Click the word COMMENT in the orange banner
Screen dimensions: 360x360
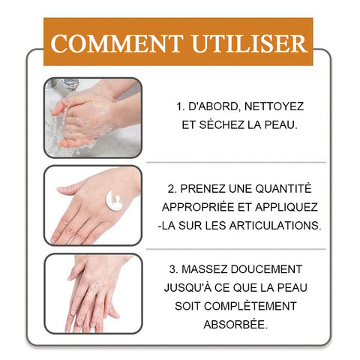pyautogui.click(x=117, y=43)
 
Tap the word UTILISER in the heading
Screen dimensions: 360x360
pyautogui.click(x=250, y=43)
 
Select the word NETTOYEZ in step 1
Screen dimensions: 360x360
pyautogui.click(x=274, y=106)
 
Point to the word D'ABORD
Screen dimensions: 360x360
pyautogui.click(x=214, y=106)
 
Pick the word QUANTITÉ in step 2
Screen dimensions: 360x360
pyautogui.click(x=283, y=188)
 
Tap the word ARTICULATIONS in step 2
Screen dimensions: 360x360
pyautogui.click(x=275, y=226)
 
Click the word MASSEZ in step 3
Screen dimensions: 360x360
pyautogui.click(x=205, y=269)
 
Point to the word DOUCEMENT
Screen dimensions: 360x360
pyautogui.click(x=266, y=269)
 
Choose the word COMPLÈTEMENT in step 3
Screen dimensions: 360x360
pyautogui.click(x=250, y=305)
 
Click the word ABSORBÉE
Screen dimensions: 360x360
pyautogui.click(x=235, y=324)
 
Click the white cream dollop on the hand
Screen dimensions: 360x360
pyautogui.click(x=114, y=200)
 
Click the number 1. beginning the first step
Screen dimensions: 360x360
pyautogui.click(x=181, y=106)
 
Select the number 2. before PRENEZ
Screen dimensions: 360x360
pyautogui.click(x=172, y=189)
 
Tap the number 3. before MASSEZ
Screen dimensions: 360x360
pyautogui.click(x=173, y=269)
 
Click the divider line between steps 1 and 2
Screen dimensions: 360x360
pyautogui.click(x=236, y=162)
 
